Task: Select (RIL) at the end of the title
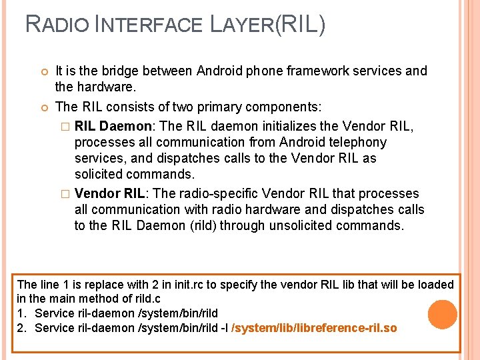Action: click(299, 25)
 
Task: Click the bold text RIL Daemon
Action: click(113, 126)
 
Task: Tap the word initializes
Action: click(301, 126)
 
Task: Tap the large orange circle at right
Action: click(443, 314)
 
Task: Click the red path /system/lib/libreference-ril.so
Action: click(313, 328)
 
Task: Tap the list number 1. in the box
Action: click(22, 313)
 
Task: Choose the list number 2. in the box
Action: click(22, 328)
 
